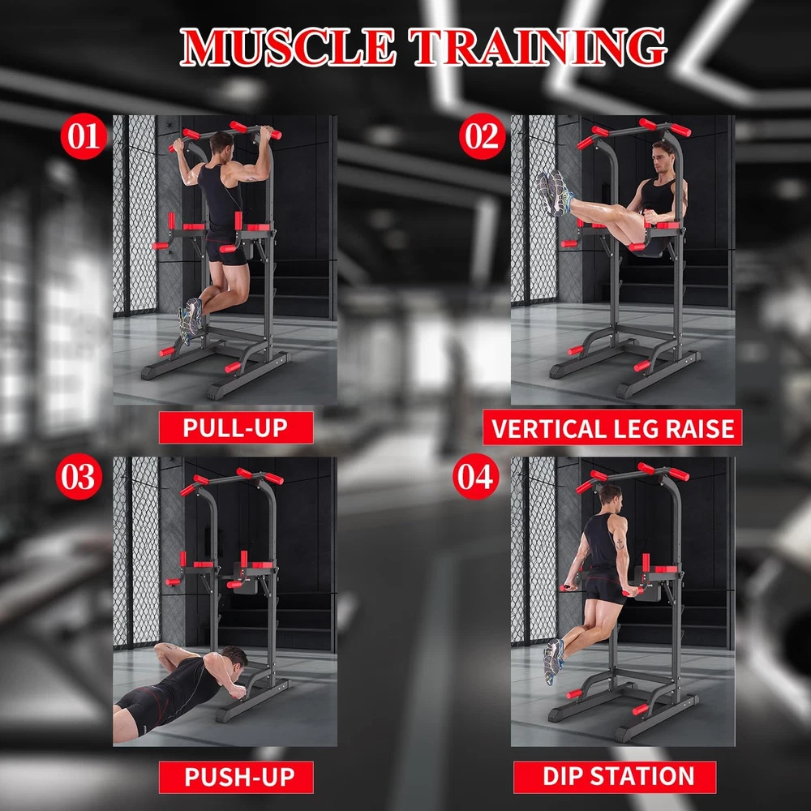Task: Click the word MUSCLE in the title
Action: (x=288, y=48)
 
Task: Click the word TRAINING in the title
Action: (x=538, y=48)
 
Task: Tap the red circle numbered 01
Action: (x=84, y=136)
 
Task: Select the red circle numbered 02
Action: (x=482, y=136)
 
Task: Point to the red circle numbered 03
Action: (x=79, y=476)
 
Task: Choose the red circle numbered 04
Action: (x=476, y=476)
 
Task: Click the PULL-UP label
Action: (x=236, y=427)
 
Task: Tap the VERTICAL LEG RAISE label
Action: (x=612, y=427)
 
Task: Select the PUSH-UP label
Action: (x=236, y=777)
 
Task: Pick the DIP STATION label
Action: (x=615, y=777)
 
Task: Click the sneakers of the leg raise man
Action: (x=554, y=193)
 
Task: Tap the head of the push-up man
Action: (x=235, y=659)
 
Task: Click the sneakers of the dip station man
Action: (x=553, y=660)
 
